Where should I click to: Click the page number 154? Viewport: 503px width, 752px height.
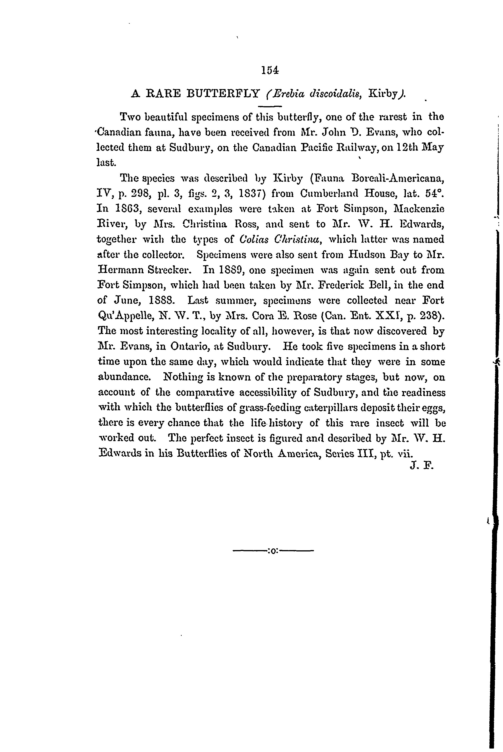(270, 70)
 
